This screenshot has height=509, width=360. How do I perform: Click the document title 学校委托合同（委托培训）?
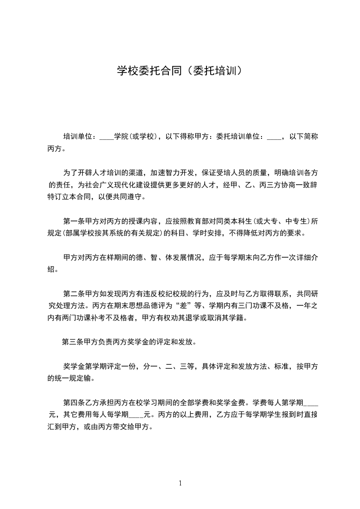180,71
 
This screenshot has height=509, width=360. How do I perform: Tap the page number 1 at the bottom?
180,483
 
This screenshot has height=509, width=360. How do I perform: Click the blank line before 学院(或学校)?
106,137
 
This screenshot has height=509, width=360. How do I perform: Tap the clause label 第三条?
73,342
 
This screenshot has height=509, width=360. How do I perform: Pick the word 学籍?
239,318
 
